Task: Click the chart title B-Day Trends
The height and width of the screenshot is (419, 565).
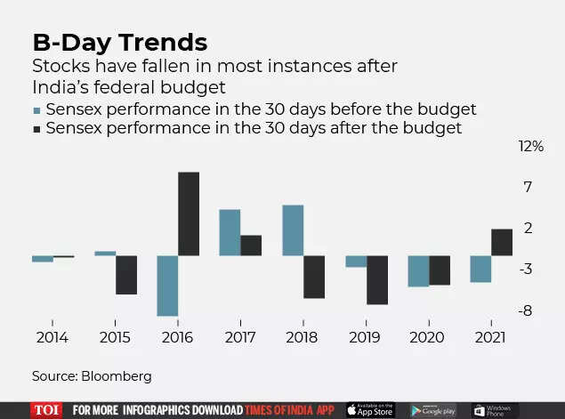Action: (x=120, y=42)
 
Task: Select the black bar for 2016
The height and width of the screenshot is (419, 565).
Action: (x=189, y=214)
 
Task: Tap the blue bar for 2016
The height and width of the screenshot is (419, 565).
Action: (x=167, y=286)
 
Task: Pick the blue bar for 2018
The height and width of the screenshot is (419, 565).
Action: (x=293, y=230)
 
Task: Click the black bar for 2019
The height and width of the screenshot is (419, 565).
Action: (x=377, y=279)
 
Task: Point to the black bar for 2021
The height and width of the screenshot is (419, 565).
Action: (x=502, y=242)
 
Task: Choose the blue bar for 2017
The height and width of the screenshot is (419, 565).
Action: (x=230, y=232)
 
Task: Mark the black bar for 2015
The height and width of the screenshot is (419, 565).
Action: (x=126, y=275)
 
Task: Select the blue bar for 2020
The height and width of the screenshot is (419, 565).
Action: (x=418, y=270)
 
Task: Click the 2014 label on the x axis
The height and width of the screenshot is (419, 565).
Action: (x=52, y=337)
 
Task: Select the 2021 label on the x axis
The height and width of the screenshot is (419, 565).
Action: (x=491, y=337)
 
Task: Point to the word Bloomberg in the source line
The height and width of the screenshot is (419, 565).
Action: (x=118, y=376)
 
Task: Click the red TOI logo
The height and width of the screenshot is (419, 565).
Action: (x=44, y=410)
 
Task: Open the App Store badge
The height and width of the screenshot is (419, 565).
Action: (x=369, y=410)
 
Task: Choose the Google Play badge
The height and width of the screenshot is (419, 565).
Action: (x=433, y=410)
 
